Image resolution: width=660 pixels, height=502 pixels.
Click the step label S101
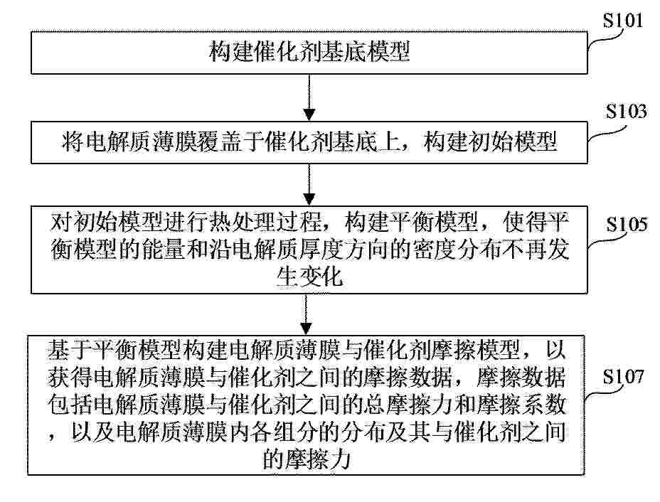[623, 20]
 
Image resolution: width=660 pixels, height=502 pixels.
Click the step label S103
[626, 112]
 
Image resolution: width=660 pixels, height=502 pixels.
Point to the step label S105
[627, 224]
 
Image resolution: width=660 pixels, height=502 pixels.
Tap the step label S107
[624, 376]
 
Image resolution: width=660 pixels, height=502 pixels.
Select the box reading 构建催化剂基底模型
[309, 53]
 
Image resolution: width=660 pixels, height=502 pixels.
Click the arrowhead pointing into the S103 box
[309, 114]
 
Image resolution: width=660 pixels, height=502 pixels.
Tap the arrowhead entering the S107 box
[307, 329]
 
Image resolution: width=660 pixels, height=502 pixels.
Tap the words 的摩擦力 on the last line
[307, 458]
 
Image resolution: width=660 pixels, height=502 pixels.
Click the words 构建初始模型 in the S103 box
[490, 141]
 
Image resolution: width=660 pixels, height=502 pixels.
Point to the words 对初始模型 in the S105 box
[106, 222]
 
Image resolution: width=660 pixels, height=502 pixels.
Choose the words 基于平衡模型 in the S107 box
[114, 350]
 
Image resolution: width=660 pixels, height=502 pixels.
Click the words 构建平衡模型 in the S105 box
[411, 222]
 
